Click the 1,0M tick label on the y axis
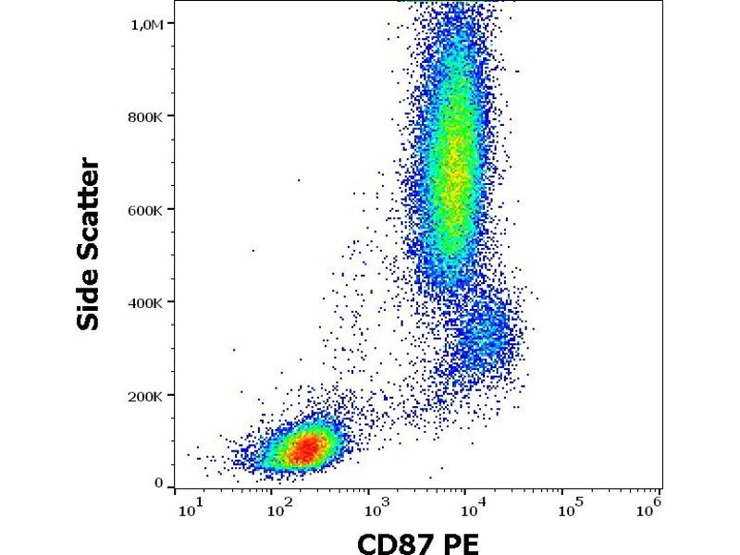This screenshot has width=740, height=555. click(x=146, y=24)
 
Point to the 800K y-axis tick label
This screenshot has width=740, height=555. click(x=146, y=117)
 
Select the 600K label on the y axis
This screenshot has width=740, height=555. click(x=146, y=210)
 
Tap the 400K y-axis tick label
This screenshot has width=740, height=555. click(x=146, y=302)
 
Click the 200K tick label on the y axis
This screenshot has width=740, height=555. click(x=146, y=396)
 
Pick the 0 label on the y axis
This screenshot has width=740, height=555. click(x=158, y=483)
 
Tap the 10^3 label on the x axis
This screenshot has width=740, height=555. click(x=375, y=507)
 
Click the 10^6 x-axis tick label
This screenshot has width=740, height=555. click(x=652, y=507)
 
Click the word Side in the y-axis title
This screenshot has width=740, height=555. click(x=89, y=299)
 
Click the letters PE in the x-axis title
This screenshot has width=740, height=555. click(x=462, y=543)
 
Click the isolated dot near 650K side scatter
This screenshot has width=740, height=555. click(x=299, y=179)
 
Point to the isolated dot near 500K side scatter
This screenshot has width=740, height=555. click(x=253, y=250)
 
